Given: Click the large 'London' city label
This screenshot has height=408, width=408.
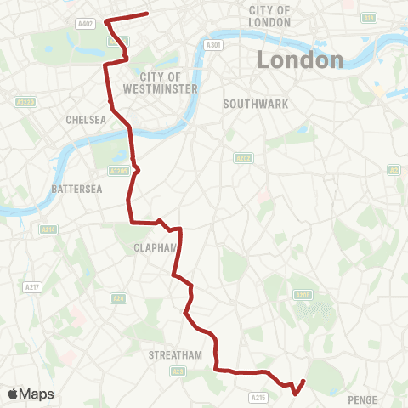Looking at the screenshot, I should (300, 60).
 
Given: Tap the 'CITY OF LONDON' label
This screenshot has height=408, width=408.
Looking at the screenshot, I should (270, 15).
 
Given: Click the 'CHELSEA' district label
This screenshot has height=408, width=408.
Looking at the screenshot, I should (86, 120).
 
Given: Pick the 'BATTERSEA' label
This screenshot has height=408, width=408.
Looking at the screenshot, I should (76, 188).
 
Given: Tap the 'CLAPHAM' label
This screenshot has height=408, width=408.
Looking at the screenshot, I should (153, 248).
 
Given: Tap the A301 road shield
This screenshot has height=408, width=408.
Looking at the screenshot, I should (216, 44).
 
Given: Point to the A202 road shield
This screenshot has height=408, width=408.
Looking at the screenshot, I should (243, 157).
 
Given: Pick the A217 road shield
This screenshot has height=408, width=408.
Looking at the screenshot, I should (32, 287).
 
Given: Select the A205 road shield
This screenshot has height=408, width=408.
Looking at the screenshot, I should (303, 294).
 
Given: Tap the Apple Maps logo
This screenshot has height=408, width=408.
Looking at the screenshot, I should (31, 394).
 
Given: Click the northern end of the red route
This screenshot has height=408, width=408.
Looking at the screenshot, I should (148, 13).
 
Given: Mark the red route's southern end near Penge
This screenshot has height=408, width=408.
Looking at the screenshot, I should (304, 380).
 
